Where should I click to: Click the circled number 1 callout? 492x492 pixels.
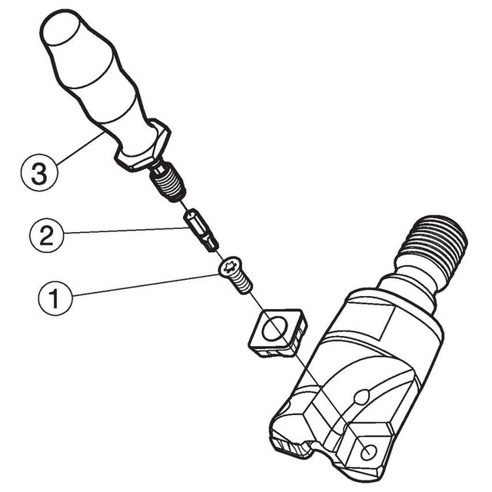55,298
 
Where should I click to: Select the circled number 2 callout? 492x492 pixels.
46,236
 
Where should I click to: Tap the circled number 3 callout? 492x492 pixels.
39,172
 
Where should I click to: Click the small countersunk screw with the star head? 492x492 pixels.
235,275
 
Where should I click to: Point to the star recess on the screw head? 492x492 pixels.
228,267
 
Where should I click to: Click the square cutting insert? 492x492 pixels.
277,333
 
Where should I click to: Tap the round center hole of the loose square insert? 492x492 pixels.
275,328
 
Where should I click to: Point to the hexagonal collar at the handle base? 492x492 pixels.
143,145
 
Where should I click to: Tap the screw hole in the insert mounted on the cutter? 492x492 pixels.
368,452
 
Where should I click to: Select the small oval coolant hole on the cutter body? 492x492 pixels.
361,397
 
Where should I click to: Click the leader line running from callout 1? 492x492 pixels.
145,285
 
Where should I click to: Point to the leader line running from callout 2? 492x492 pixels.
125,231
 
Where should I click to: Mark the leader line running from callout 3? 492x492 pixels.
80,148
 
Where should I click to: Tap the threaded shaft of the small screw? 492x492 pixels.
242,284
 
